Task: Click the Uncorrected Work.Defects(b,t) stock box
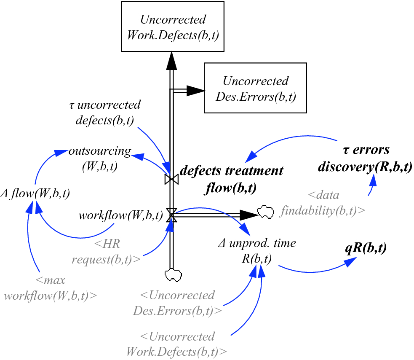point(173,27)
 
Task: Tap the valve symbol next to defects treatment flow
point(171,180)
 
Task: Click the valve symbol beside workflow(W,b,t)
point(171,215)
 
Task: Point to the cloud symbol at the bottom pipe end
point(172,275)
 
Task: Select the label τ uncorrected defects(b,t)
point(104,113)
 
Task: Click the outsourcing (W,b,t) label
point(100,159)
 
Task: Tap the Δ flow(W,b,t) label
point(35,193)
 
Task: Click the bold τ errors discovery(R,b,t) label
point(365,159)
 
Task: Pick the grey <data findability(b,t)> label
point(323,203)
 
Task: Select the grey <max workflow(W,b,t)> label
point(51,288)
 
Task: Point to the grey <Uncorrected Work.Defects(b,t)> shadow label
point(176,344)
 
